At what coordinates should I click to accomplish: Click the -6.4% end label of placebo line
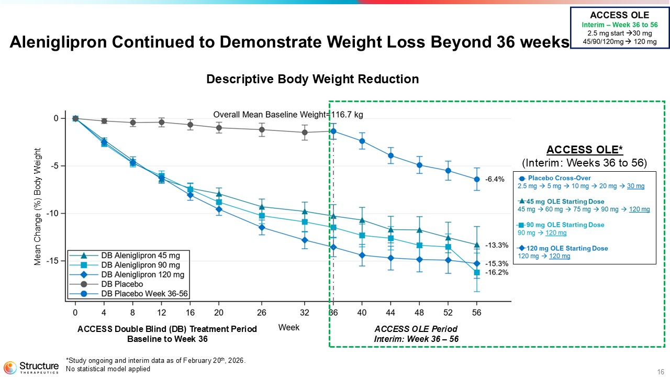pos(495,179)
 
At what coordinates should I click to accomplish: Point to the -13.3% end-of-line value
pos(496,245)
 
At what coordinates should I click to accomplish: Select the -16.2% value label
pos(496,272)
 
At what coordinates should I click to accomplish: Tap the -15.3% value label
pos(496,264)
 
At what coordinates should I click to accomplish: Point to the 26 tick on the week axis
pos(262,313)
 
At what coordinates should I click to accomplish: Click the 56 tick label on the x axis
pos(476,313)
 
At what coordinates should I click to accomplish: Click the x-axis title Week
pos(288,327)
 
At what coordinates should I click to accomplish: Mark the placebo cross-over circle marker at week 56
pos(476,179)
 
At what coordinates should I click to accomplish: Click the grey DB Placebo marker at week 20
pos(219,128)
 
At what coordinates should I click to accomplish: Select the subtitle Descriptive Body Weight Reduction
pos(312,79)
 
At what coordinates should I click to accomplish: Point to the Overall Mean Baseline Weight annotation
pos(288,114)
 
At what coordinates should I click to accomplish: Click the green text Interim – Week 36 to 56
pos(619,25)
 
